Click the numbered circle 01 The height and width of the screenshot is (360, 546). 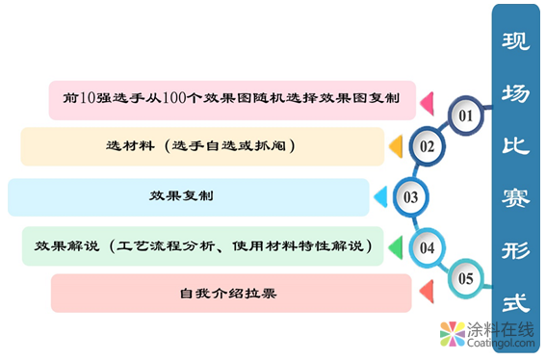point(466,116)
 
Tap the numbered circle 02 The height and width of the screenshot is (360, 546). point(427,147)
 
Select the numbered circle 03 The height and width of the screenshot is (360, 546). point(410,197)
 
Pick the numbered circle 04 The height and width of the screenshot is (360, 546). point(428,247)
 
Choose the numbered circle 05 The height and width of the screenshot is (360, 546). point(466,279)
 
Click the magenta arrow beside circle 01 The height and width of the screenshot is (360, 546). point(426,100)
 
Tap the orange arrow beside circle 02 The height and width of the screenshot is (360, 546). point(394,146)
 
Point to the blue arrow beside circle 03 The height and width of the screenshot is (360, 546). point(379,197)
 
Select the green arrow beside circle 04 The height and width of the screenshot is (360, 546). point(394,247)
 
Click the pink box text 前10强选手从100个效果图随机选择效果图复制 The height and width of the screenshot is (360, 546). point(232,98)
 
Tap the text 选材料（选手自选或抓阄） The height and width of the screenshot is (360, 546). point(200,146)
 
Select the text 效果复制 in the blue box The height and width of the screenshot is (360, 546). point(181,196)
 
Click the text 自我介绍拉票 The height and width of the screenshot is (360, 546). point(228,293)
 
